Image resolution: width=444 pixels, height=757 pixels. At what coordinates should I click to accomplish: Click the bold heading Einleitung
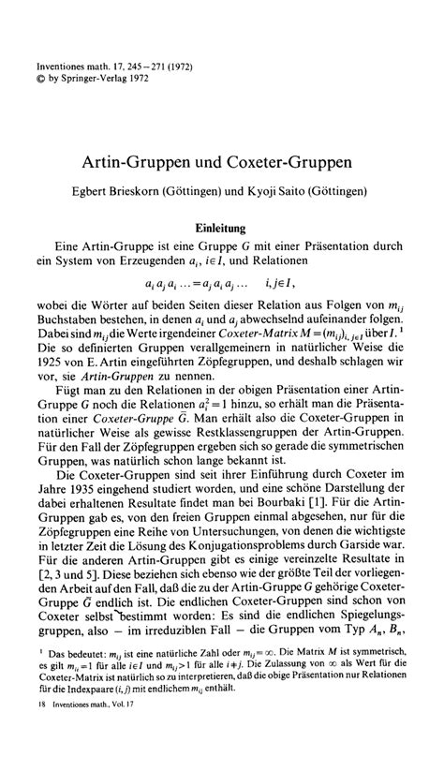221,227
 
